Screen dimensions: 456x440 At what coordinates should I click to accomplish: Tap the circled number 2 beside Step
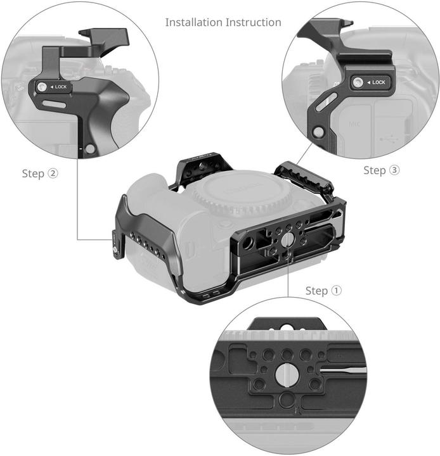pos(53,174)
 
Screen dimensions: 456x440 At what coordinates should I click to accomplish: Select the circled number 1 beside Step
pos(336,291)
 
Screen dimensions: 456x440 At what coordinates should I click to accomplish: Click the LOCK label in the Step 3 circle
pos(378,82)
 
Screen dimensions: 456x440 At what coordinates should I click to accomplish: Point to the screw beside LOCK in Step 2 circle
pos(42,87)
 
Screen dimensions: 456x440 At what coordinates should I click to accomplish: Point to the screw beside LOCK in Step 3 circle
pos(358,82)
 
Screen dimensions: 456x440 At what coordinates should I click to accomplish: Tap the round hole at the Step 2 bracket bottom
pos(91,149)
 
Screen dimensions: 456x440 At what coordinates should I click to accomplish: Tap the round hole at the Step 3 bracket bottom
pos(318,132)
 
